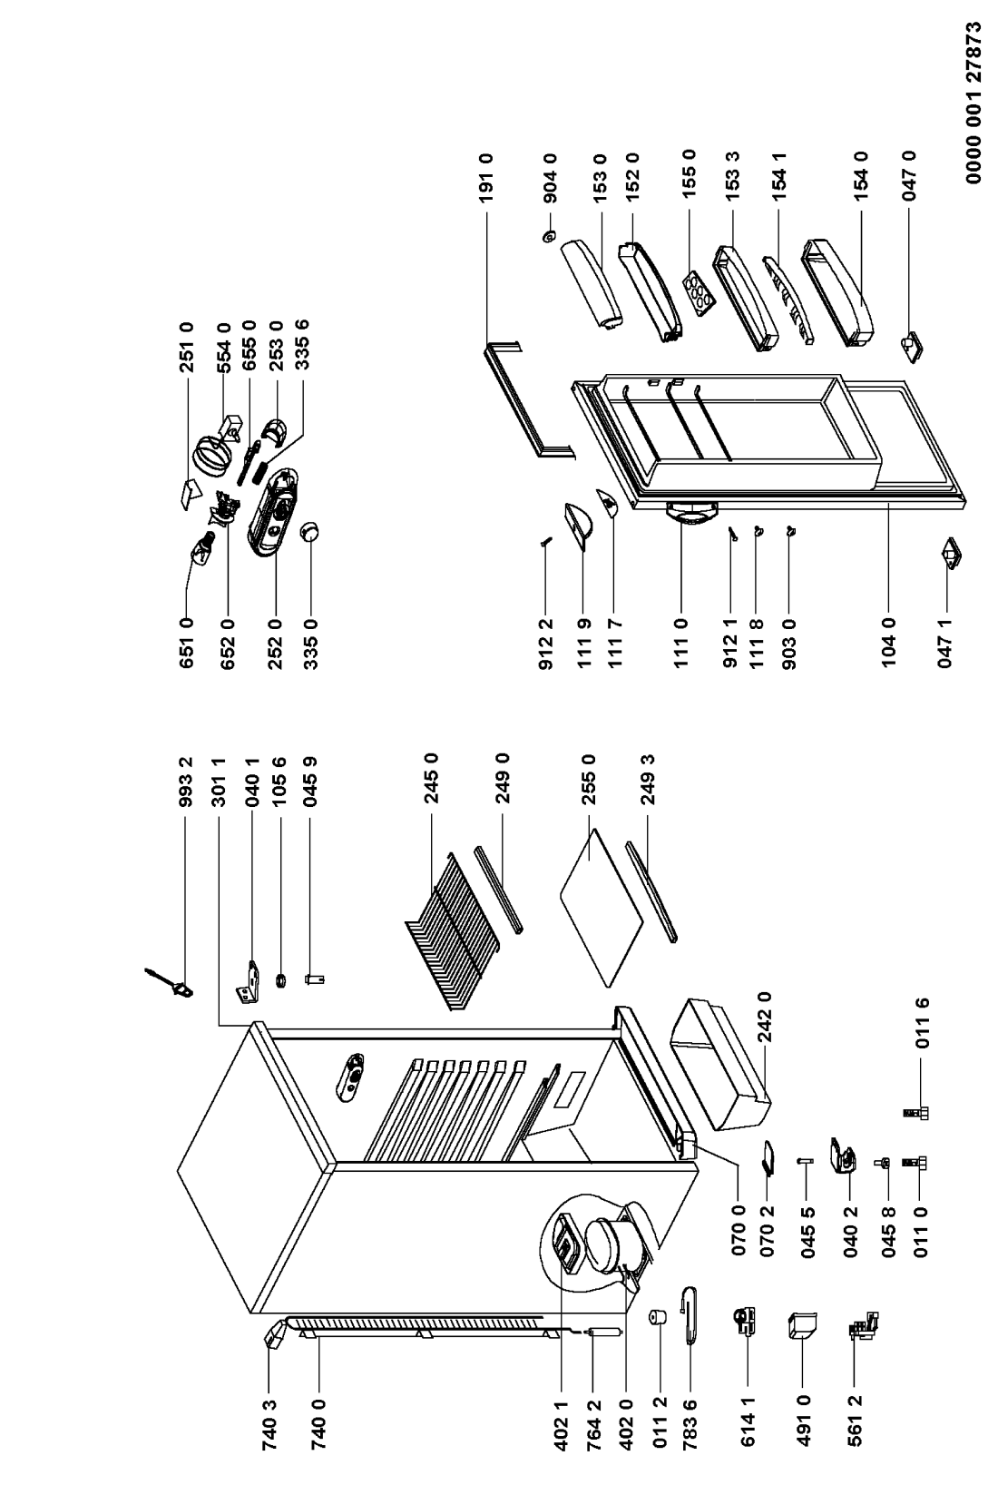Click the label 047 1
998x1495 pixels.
click(x=945, y=642)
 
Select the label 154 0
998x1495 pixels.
click(x=861, y=172)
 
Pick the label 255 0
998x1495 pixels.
click(x=591, y=771)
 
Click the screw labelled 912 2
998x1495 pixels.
click(x=544, y=542)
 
